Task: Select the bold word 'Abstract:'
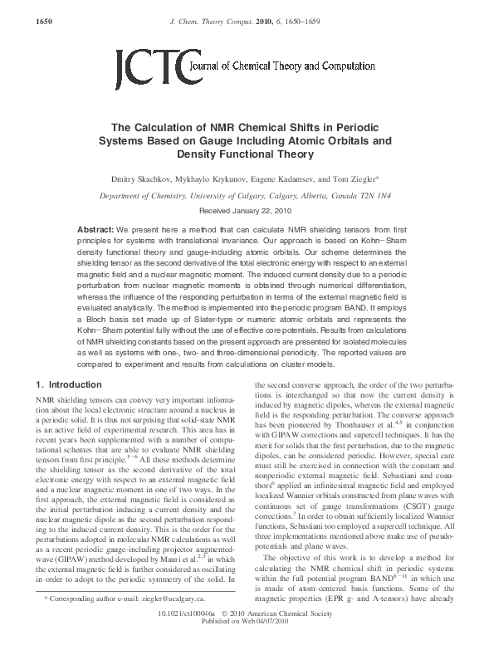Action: tap(95, 228)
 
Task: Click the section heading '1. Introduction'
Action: tap(70, 385)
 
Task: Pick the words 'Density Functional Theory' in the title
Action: tap(244, 154)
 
